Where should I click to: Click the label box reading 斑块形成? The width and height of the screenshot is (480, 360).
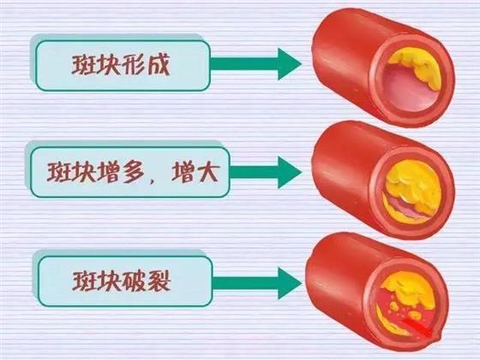coord(123,65)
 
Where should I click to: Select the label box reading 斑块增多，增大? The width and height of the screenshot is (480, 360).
coord(129,172)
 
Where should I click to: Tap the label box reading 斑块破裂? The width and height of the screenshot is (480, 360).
coord(125,281)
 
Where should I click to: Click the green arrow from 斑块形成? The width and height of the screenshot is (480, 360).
coord(256,64)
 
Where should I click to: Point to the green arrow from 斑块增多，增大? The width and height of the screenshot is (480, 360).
coord(266,172)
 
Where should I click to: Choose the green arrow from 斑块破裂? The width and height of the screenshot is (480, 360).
coord(257,283)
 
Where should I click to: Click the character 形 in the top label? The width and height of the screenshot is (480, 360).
coord(132,65)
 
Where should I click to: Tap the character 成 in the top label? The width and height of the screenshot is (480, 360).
coord(159,65)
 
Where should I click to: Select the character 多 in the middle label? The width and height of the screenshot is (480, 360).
coord(134,172)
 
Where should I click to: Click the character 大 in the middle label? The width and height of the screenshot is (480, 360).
coord(207,172)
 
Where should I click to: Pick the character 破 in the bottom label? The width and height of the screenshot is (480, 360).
coord(134,281)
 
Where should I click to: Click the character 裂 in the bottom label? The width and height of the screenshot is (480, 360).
coord(159,281)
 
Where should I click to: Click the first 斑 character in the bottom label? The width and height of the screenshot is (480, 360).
coord(84,281)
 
